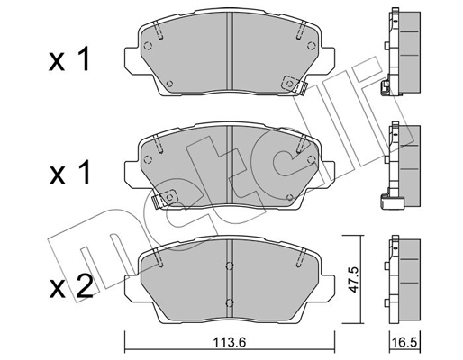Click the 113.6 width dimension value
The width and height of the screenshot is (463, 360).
tap(229, 342)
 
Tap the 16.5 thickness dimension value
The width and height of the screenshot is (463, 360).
tap(405, 342)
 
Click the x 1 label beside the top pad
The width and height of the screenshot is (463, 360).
tap(69, 59)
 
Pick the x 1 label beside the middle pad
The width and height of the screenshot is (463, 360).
tap(69, 173)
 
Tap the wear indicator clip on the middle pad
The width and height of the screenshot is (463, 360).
tap(166, 198)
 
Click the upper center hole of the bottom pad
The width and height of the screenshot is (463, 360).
tap(230, 265)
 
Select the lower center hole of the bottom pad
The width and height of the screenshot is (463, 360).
tap(230, 303)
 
